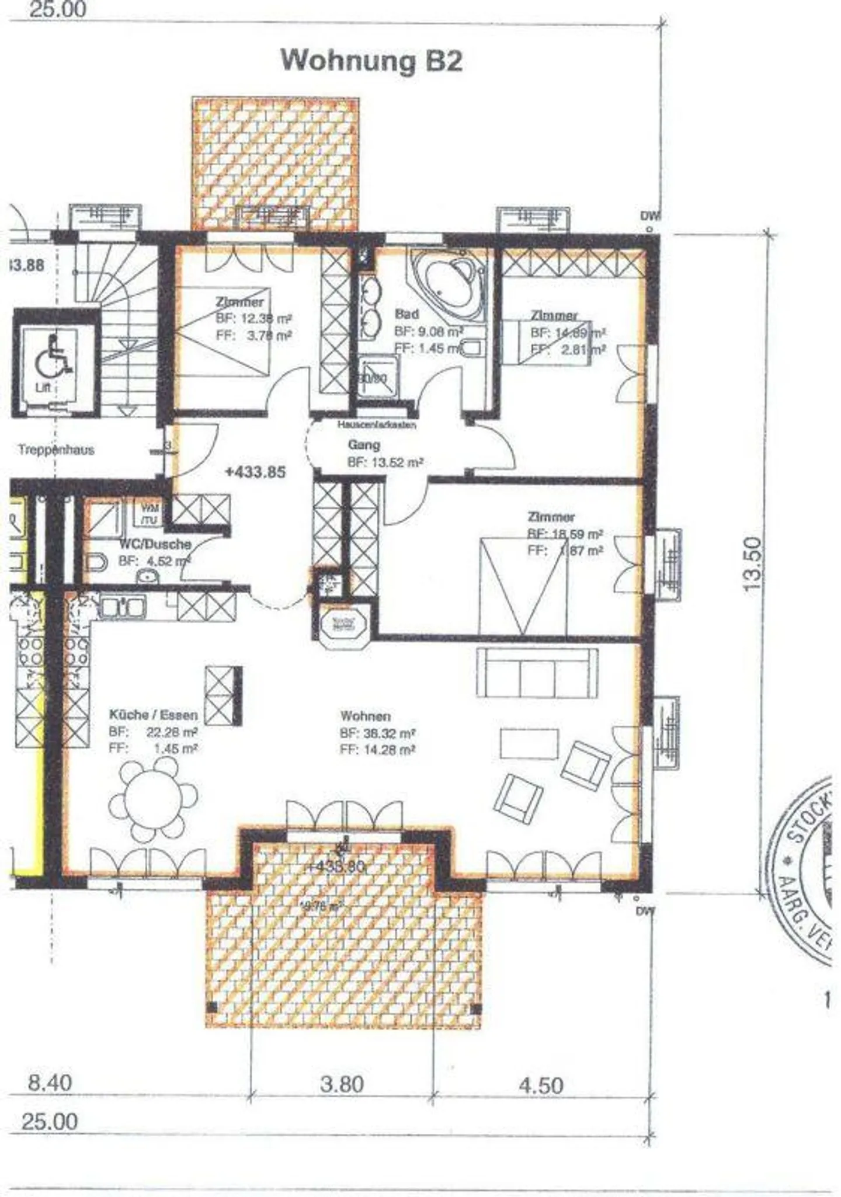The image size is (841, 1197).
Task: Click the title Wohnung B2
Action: [371, 61]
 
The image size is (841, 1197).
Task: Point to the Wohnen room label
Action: [366, 716]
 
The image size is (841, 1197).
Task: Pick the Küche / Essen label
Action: [153, 715]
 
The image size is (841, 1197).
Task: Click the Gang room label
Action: [364, 445]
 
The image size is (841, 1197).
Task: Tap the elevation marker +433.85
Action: [255, 472]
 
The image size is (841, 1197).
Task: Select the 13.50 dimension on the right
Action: [753, 563]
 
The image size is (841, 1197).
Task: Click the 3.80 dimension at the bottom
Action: [342, 1084]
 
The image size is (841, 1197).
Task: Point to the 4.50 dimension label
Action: [541, 1085]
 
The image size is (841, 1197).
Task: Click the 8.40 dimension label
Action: [50, 1083]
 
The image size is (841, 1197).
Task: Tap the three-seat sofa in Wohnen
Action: [537, 672]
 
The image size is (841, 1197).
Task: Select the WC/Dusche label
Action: [155, 544]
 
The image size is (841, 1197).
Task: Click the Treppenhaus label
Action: [56, 450]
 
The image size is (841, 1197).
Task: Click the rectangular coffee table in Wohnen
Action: [529, 743]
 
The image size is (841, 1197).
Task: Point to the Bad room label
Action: [406, 314]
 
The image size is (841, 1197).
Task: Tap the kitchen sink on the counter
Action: [122, 607]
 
